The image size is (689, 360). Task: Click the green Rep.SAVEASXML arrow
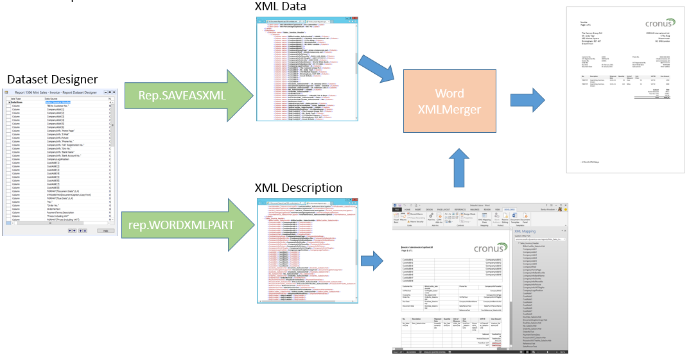182,96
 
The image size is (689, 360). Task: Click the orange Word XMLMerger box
449,101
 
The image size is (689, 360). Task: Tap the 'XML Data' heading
281,7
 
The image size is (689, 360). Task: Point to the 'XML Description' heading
299,188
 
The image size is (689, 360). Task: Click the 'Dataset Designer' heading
53,79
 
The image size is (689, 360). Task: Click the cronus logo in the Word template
491,248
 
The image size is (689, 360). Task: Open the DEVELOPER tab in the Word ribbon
508,209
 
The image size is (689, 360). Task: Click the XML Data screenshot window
307,67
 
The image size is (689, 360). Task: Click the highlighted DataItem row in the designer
58,102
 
